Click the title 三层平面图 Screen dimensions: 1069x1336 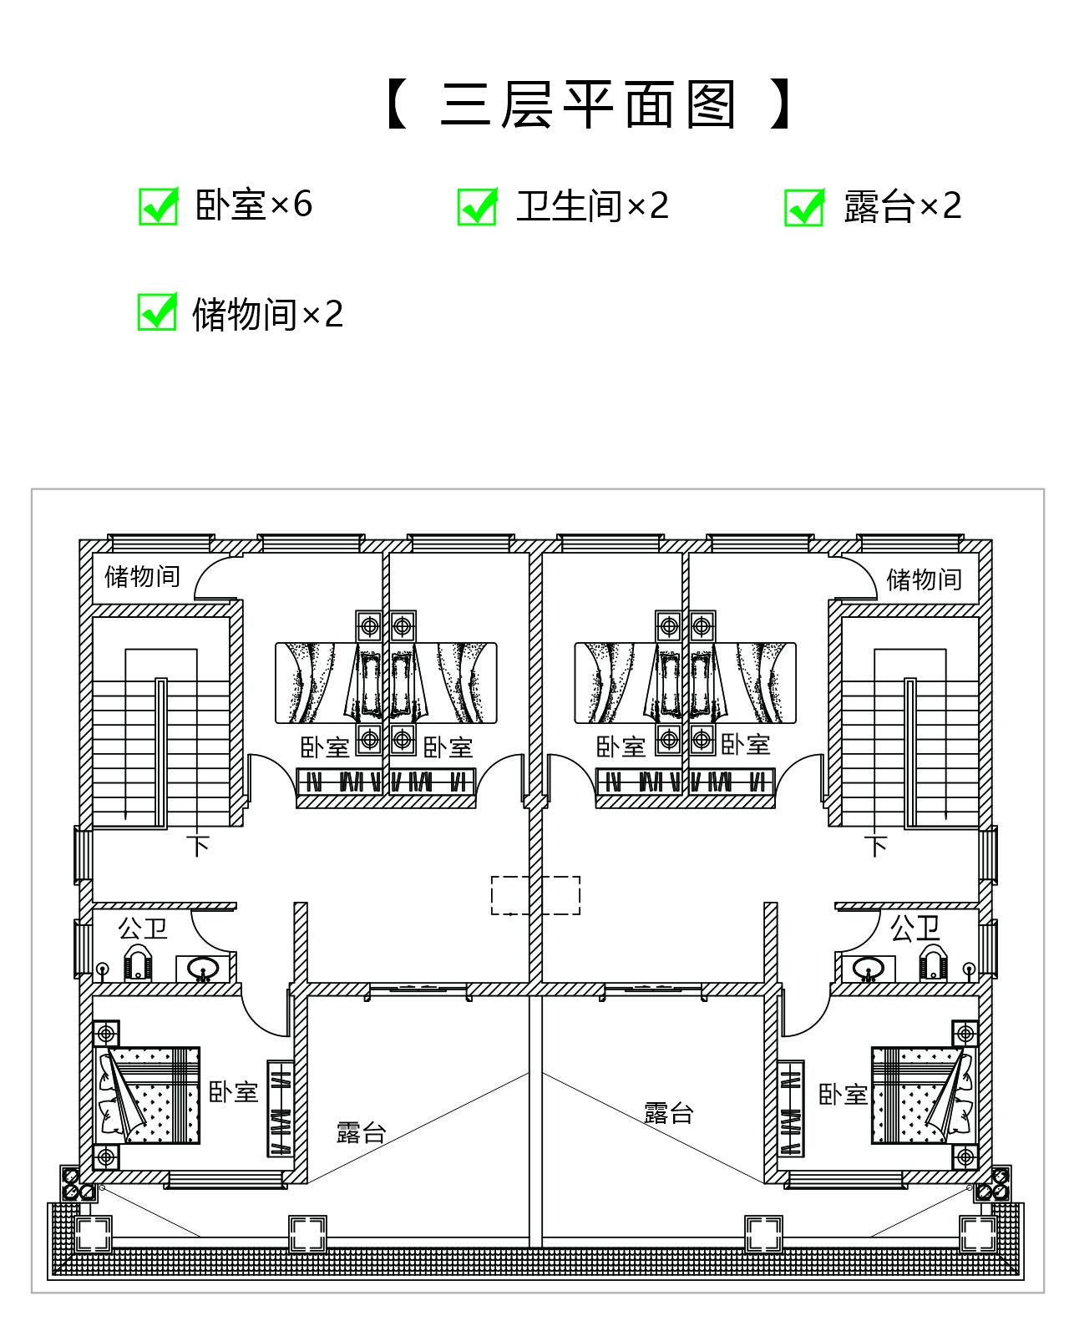[x=588, y=104]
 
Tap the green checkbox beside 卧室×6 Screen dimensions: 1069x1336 [x=159, y=206]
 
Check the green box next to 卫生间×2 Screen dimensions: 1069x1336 [x=477, y=207]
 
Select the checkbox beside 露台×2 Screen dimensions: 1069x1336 [x=804, y=207]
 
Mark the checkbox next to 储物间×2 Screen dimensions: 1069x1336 [x=157, y=311]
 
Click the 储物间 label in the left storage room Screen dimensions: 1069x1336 [x=142, y=576]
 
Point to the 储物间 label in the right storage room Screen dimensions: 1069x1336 [x=924, y=579]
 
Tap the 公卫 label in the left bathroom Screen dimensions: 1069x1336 [x=143, y=929]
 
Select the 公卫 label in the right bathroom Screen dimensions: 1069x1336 [x=914, y=929]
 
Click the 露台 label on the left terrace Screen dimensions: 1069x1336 [x=361, y=1132]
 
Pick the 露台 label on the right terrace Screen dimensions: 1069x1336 [x=668, y=1113]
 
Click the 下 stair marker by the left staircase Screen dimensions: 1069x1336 [x=198, y=846]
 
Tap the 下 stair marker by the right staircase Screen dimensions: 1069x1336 [x=876, y=846]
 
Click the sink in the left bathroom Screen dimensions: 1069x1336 [x=202, y=969]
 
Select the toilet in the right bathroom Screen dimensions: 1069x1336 [x=932, y=962]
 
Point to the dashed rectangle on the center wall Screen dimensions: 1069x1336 [x=535, y=895]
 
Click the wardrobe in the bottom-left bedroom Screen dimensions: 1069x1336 [x=280, y=1109]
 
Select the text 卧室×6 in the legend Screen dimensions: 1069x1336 [x=253, y=205]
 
